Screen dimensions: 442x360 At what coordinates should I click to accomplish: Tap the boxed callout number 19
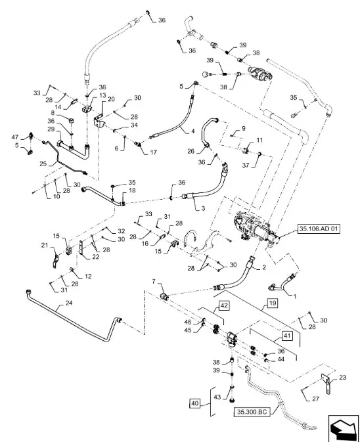coord(271,304)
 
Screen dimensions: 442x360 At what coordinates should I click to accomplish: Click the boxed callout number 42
coord(224,306)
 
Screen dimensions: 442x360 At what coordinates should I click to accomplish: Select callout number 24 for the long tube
coord(68,304)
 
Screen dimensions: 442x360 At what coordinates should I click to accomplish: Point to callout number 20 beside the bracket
coord(111,99)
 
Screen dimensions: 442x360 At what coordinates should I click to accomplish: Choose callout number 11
coord(259,141)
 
